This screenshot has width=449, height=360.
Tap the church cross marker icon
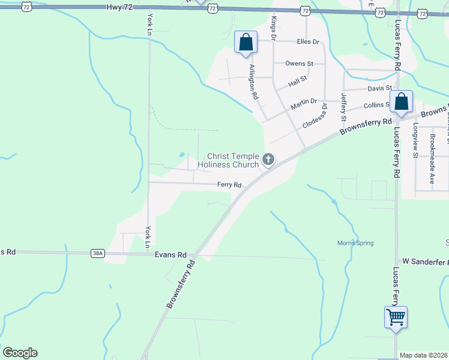coord(268,160)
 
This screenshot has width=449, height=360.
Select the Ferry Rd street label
coord(229,185)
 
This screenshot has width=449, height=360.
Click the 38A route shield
coord(98,254)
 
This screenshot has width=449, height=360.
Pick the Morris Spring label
coord(355,243)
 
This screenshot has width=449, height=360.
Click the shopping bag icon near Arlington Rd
coord(245,43)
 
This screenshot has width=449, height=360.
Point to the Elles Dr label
coord(308,42)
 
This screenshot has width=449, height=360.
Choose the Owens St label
coord(300,63)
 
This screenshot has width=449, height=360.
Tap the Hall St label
coord(298,79)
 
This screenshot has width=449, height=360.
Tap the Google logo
coord(20,353)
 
